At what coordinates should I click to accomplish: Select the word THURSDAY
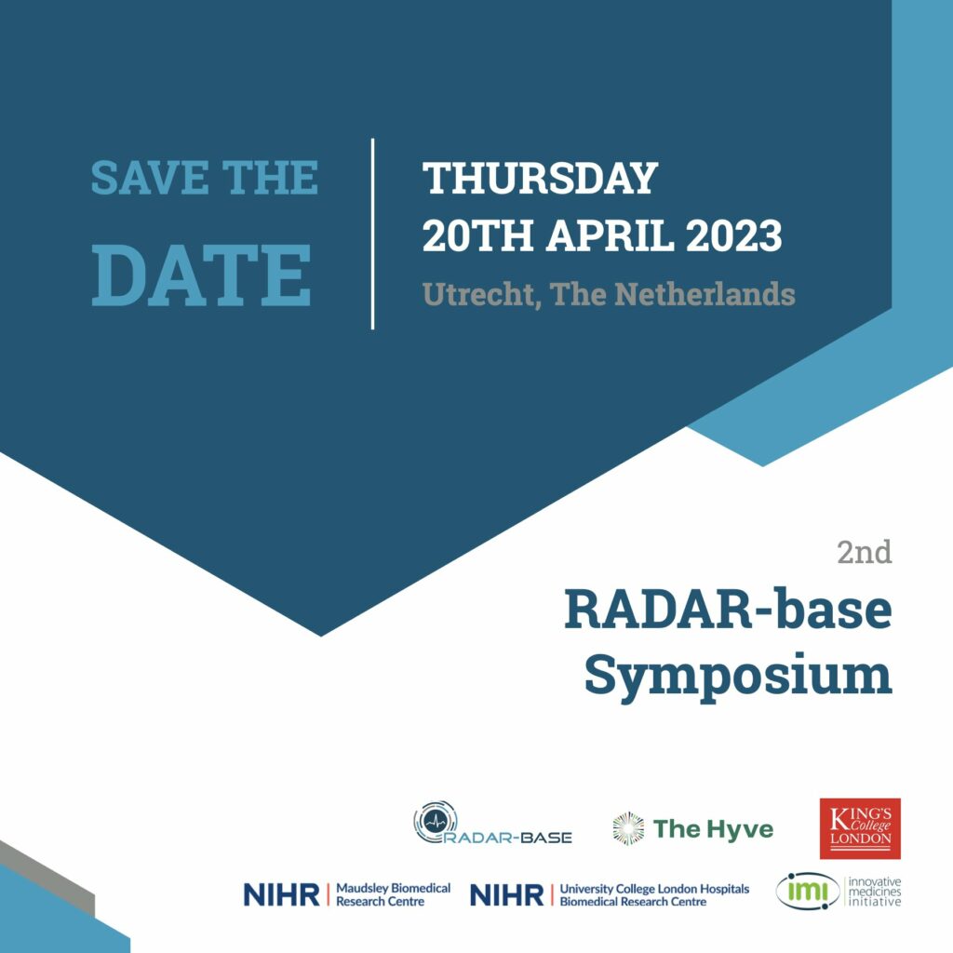(541, 178)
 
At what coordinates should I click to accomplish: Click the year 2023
(733, 235)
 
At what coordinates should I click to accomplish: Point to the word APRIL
(610, 235)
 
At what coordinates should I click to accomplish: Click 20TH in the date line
(478, 235)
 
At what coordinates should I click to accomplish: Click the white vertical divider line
(372, 234)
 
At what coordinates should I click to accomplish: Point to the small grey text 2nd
(865, 553)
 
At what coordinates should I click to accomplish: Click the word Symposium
(738, 676)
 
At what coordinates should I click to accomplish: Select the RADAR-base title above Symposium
(728, 610)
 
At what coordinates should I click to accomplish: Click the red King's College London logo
(860, 828)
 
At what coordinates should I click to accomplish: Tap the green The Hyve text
(713, 829)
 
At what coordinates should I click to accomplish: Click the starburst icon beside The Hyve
(628, 828)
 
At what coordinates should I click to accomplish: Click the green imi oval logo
(808, 892)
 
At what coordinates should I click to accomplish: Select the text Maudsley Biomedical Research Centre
(394, 894)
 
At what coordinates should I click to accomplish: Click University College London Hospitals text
(654, 889)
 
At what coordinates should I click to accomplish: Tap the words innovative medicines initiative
(875, 892)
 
